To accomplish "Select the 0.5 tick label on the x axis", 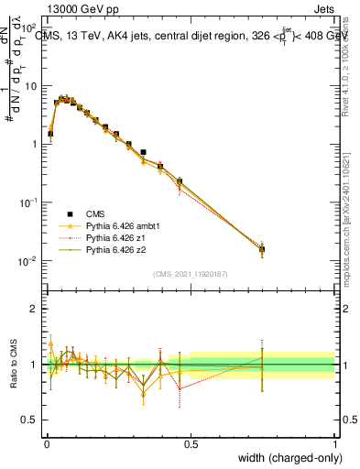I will click(191, 444).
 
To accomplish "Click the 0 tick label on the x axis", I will click(46, 444).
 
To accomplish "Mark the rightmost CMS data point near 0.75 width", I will click(262, 249).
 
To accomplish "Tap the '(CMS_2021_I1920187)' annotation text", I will click(190, 273).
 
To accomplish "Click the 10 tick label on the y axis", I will click(34, 85).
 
